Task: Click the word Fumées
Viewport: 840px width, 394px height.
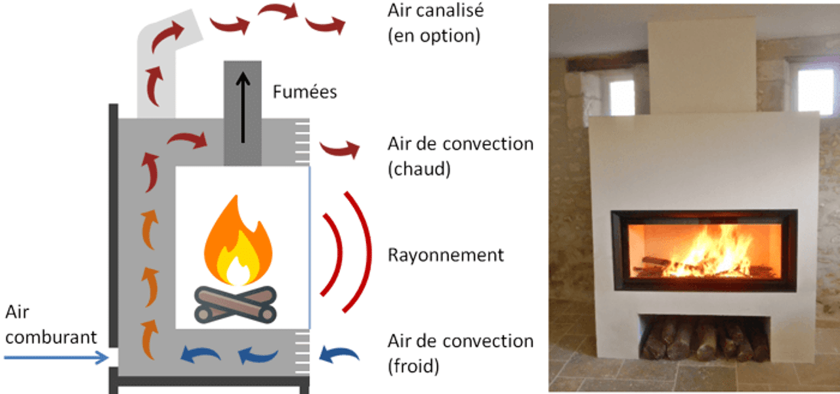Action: pos(304,91)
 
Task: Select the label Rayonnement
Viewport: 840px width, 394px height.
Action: pos(446,255)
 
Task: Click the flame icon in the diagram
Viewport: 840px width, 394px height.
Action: pos(238,240)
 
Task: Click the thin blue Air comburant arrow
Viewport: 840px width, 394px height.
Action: pos(56,358)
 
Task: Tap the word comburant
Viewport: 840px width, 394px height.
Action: pos(51,338)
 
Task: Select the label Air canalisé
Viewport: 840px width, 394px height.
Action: pos(434,11)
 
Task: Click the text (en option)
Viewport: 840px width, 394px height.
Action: pos(434,35)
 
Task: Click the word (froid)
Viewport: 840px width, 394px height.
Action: pos(413,365)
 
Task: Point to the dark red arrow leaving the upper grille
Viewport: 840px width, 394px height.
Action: pos(340,148)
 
